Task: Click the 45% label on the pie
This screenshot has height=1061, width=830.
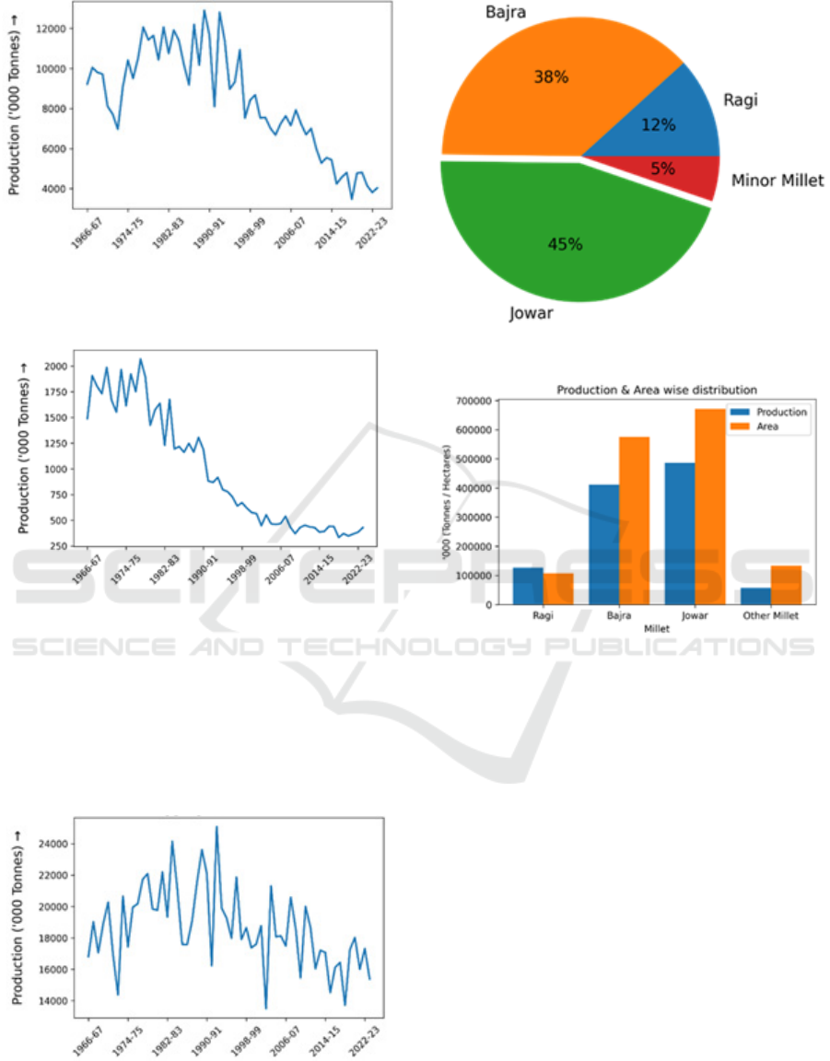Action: (565, 244)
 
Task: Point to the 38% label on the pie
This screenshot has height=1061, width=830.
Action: (551, 77)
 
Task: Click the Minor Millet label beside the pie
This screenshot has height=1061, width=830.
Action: (777, 181)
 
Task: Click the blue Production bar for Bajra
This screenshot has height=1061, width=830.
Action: (604, 544)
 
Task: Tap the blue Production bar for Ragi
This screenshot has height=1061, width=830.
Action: (528, 586)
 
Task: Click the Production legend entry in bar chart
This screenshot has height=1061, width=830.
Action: (781, 412)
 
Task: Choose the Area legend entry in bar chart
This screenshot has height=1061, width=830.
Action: (768, 426)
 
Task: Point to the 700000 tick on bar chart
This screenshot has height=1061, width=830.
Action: (471, 401)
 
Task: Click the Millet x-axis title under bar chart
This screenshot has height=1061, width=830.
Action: (655, 626)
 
